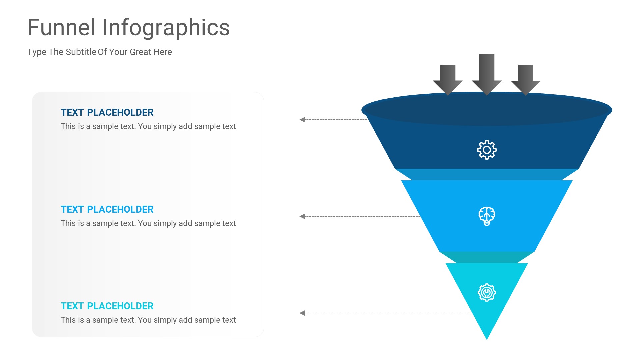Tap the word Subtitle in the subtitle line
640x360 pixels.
81,52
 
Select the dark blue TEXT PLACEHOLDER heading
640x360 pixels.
107,112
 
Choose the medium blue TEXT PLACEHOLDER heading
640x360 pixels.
107,209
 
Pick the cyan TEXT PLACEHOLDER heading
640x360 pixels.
107,306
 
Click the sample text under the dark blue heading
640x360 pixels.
148,126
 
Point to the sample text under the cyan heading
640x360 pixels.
148,320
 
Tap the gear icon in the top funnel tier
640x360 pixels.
487,150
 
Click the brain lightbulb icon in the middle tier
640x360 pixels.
487,216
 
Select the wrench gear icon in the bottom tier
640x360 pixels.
487,293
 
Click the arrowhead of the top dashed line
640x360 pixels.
302,120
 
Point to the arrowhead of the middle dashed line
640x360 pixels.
302,216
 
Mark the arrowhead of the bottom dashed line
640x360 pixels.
302,313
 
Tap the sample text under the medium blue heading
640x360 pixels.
148,223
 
